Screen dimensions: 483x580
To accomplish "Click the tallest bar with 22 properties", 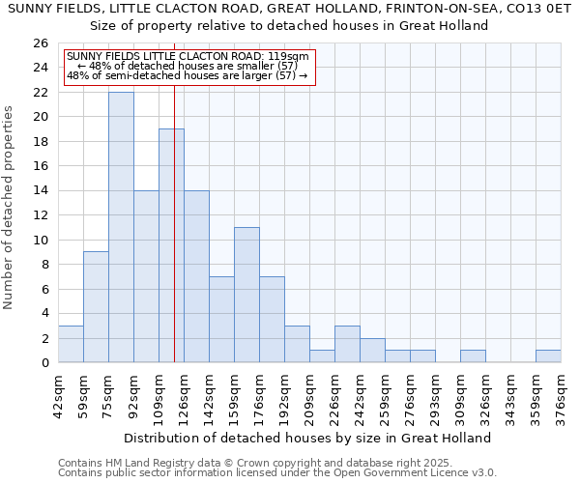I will pos(121,227).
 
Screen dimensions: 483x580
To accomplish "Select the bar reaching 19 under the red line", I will pos(171,245).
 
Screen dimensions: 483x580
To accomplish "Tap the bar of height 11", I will pos(246,295).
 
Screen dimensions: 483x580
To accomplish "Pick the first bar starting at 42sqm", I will pos(71,344).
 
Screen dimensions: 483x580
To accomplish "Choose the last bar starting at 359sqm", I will pos(548,355).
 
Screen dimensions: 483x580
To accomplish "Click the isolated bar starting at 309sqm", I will pos(473,355).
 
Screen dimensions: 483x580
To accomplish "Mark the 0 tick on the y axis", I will pos(44,363).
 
